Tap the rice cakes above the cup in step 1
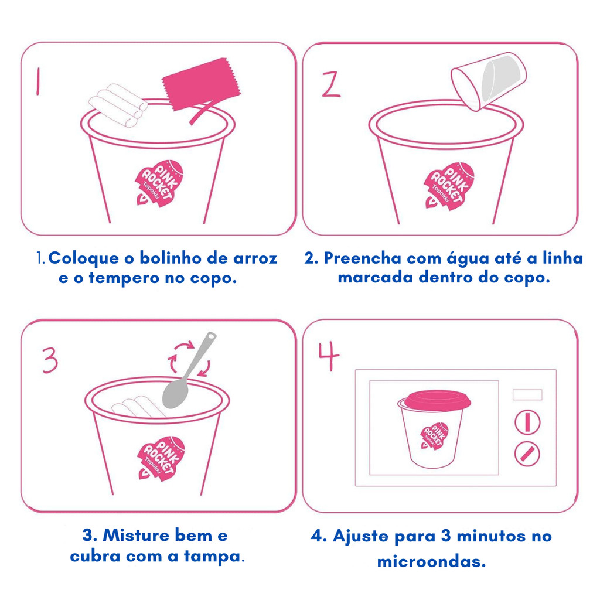118,105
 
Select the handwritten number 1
38,81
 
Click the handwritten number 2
330,84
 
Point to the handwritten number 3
50,360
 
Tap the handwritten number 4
329,356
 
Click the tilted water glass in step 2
489,81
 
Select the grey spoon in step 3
187,371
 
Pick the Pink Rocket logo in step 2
449,186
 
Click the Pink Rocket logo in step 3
161,458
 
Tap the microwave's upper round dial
527,422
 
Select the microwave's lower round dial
527,454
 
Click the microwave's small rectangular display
527,394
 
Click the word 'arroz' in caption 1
255,258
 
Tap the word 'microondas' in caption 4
432,561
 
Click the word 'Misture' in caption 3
136,536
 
